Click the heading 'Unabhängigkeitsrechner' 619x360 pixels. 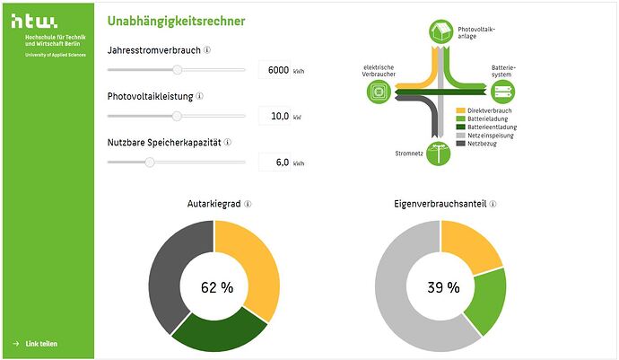coord(176,21)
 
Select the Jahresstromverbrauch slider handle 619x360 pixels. coord(178,69)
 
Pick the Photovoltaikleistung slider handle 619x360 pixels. coord(177,116)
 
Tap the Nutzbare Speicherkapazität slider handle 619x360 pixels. coord(150,162)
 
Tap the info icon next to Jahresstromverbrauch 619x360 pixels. coord(207,51)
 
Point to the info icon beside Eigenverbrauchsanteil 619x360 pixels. coord(493,205)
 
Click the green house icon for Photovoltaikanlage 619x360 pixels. coord(440,31)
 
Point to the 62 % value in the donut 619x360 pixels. coord(216,287)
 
